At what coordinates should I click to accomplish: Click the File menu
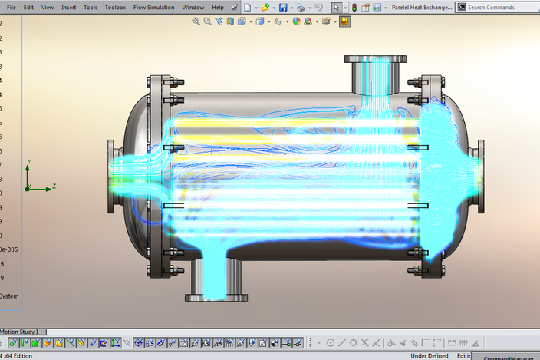(x=11, y=7)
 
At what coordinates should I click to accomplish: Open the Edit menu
(x=28, y=7)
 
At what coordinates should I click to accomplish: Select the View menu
(x=48, y=7)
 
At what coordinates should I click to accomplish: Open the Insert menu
(x=69, y=7)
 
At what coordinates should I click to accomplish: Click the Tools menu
(x=91, y=7)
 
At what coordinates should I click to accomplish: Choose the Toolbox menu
(x=115, y=7)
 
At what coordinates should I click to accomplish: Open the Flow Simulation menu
(x=153, y=7)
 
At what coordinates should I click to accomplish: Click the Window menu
(x=193, y=7)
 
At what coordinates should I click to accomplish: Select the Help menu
(x=218, y=7)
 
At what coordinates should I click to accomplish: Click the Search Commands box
(x=502, y=7)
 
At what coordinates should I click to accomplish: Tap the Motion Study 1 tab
(x=20, y=332)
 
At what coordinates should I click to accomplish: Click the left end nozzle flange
(x=111, y=177)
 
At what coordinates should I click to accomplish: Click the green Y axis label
(x=28, y=162)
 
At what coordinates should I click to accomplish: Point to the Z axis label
(x=54, y=187)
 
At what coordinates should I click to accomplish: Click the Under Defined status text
(x=430, y=355)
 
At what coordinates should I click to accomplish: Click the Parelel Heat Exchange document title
(x=421, y=7)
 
